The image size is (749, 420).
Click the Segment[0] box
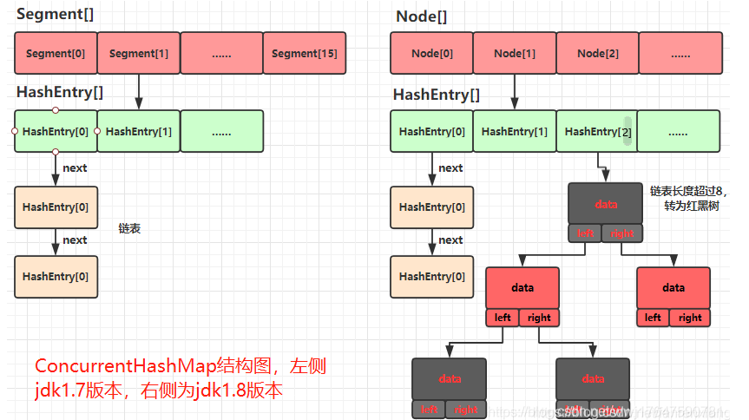click(56, 53)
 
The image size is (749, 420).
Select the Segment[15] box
click(305, 53)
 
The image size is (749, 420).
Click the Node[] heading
click(422, 16)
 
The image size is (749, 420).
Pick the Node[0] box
click(432, 53)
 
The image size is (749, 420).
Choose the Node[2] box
click(599, 53)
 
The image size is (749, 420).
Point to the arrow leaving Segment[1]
click(139, 91)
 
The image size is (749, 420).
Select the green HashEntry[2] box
click(596, 131)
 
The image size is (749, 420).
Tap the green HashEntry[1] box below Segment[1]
click(139, 131)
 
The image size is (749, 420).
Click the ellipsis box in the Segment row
click(221, 53)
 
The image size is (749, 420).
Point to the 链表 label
click(129, 228)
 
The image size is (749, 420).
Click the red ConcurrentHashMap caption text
click(181, 378)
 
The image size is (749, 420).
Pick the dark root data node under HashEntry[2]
click(606, 204)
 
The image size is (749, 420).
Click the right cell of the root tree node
click(623, 233)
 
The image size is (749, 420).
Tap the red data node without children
click(673, 288)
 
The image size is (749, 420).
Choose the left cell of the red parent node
click(503, 318)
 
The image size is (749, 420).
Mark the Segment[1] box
click(139, 53)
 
